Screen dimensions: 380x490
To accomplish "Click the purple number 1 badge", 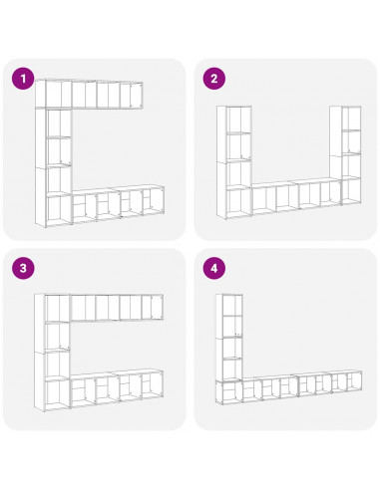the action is pos(23,79).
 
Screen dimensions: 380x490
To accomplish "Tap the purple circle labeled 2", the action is pos(214,79).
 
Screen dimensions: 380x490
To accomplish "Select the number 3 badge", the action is pos(23,268).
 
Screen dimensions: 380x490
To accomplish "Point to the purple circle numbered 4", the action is pos(214,268).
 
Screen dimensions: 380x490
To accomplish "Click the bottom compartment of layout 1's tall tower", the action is pos(59,210).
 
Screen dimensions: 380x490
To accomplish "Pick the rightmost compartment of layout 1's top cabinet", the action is pos(137,96).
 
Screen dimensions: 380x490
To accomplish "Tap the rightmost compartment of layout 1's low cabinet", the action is pos(154,202).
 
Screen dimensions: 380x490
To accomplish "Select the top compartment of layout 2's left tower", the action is pos(239,120).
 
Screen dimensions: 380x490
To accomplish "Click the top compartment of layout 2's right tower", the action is pos(351,119).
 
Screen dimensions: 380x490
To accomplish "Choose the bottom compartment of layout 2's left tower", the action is pos(239,203).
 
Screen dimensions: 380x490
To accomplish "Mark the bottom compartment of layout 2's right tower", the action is pos(351,191).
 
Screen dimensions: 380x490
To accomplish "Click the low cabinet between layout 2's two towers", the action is pos(296,196).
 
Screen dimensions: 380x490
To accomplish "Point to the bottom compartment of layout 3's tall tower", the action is pos(58,394).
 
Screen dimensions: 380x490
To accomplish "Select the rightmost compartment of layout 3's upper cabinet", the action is pos(157,308).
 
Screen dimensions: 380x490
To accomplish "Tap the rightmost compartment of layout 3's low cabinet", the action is pos(152,385).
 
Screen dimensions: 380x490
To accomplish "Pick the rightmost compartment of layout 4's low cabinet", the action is pos(354,381).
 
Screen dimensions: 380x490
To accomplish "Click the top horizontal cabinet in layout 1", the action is pos(89,94).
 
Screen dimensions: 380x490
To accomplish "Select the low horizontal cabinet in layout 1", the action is pos(118,203).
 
